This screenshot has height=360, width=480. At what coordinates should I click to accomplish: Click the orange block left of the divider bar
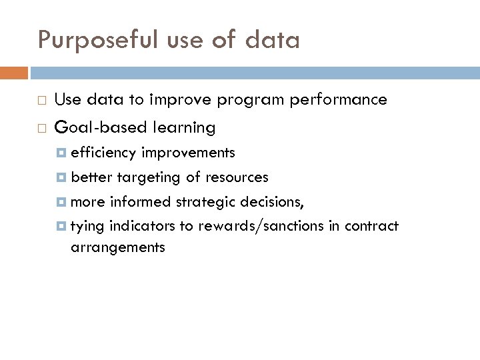click(x=14, y=72)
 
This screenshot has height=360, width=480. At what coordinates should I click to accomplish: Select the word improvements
click(x=188, y=153)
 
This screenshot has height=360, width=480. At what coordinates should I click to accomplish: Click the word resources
click(x=239, y=177)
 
